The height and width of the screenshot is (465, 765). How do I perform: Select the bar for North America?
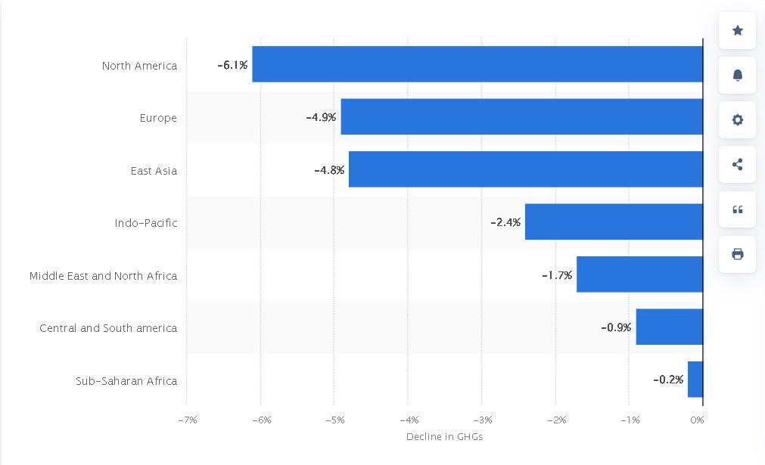pyautogui.click(x=477, y=64)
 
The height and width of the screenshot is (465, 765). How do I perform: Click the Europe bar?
pyautogui.click(x=521, y=116)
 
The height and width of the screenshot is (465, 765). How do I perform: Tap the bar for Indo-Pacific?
pyautogui.click(x=614, y=222)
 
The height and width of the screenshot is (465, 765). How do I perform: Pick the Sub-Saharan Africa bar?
pyautogui.click(x=695, y=379)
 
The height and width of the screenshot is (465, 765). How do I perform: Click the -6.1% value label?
pyautogui.click(x=232, y=65)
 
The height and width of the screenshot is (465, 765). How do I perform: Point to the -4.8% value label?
pyautogui.click(x=329, y=170)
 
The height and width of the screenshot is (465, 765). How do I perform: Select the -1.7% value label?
pyautogui.click(x=557, y=275)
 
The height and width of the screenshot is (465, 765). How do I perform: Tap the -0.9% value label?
pyautogui.click(x=616, y=327)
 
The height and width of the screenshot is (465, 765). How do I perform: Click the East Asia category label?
pyautogui.click(x=154, y=170)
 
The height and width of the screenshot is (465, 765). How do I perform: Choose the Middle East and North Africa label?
pyautogui.click(x=103, y=275)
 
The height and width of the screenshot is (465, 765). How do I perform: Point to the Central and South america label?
pyautogui.click(x=108, y=327)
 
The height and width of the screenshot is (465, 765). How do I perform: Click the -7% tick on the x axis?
pyautogui.click(x=188, y=420)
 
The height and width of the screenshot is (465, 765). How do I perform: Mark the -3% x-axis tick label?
pyautogui.click(x=483, y=420)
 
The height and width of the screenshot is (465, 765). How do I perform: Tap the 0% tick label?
pyautogui.click(x=698, y=420)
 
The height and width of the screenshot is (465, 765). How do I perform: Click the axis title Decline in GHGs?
pyautogui.click(x=444, y=436)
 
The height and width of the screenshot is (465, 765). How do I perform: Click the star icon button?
pyautogui.click(x=737, y=30)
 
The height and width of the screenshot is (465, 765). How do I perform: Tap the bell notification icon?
pyautogui.click(x=737, y=75)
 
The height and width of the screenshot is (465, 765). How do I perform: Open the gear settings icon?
pyautogui.click(x=737, y=119)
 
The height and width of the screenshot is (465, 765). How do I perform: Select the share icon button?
pyautogui.click(x=737, y=164)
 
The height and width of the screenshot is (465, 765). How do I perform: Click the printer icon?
pyautogui.click(x=737, y=254)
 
